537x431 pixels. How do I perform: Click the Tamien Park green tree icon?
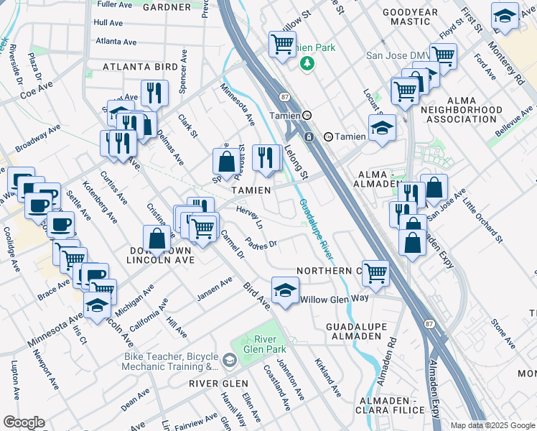[x=308, y=64]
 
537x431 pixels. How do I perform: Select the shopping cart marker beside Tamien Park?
[x=281, y=45]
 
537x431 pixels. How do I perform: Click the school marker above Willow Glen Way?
[x=285, y=290]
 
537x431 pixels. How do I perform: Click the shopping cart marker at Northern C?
[x=376, y=273]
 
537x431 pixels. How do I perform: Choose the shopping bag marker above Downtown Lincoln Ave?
[x=156, y=238]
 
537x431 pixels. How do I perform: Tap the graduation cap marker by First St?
[x=505, y=17]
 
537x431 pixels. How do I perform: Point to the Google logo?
[x=24, y=422]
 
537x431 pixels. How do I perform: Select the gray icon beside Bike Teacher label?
[x=230, y=360]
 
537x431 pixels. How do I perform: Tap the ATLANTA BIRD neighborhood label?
[x=140, y=67]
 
